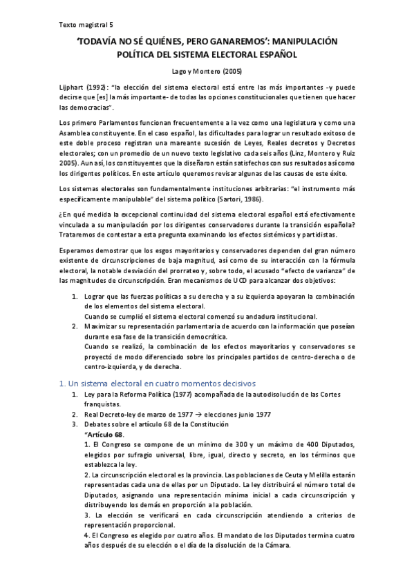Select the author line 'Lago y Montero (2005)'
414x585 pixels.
click(x=206, y=71)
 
